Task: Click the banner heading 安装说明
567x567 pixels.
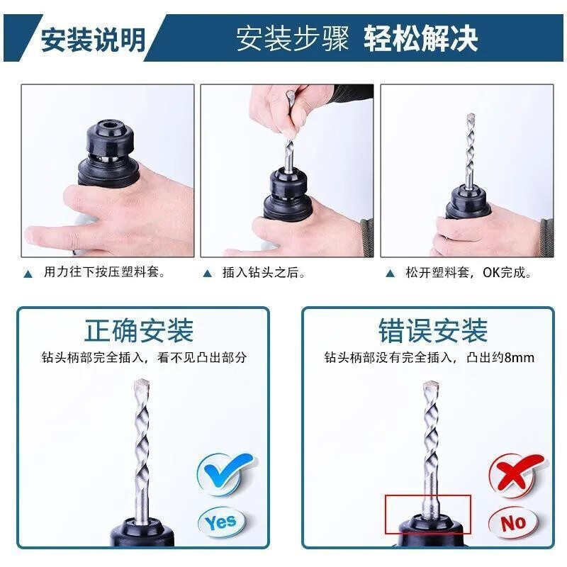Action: click(x=91, y=39)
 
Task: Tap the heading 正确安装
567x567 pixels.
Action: click(x=139, y=331)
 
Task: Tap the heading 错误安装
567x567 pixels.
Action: click(x=432, y=331)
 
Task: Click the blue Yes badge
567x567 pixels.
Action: click(x=220, y=522)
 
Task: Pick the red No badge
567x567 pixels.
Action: click(x=512, y=522)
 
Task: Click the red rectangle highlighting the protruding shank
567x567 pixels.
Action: click(x=428, y=514)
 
